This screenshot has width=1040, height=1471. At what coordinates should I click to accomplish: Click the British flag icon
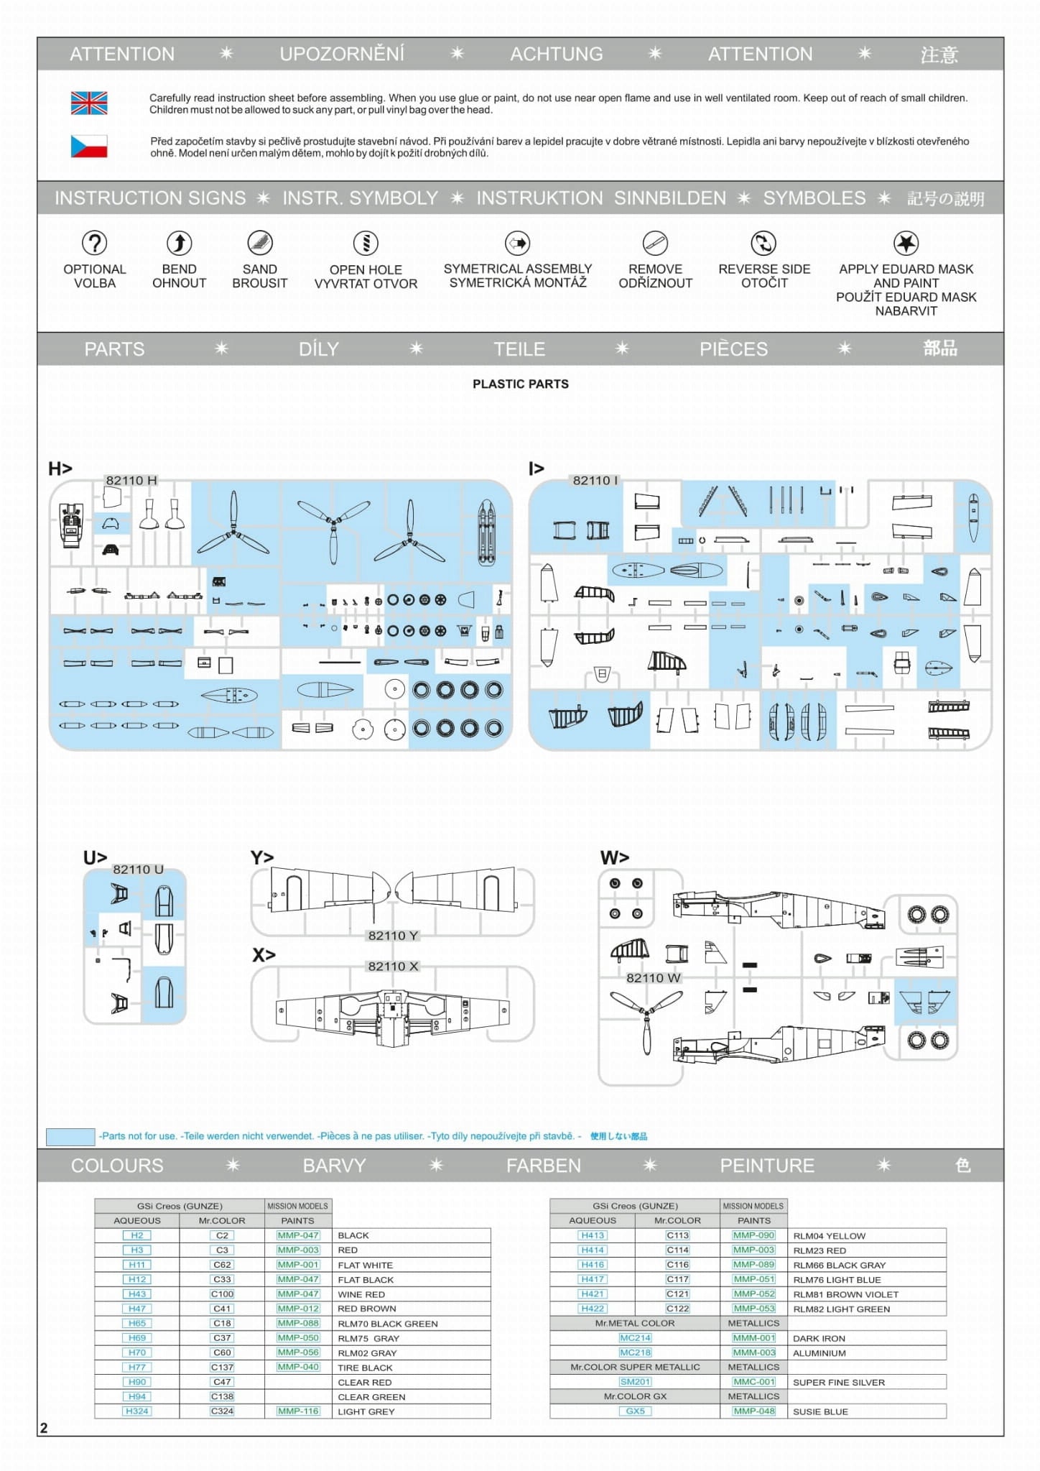(89, 103)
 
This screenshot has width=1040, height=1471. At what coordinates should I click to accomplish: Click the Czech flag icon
(89, 146)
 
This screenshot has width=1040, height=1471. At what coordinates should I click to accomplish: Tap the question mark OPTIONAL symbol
(94, 243)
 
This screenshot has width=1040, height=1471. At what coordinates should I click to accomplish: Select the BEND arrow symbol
(179, 243)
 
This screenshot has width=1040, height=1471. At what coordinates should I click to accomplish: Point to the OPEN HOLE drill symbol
(366, 243)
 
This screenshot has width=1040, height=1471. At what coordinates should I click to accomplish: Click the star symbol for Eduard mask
(906, 243)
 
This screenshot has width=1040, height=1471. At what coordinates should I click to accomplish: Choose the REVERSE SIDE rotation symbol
(763, 243)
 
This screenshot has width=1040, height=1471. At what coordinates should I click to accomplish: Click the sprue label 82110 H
(131, 480)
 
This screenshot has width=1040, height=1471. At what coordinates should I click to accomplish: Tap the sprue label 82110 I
(595, 480)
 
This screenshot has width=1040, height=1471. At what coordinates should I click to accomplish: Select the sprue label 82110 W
(653, 977)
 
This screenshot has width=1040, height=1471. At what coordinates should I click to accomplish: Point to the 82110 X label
(393, 966)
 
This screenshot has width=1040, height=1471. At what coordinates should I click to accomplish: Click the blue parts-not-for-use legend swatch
(70, 1136)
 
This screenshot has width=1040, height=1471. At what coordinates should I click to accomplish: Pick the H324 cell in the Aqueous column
(137, 1411)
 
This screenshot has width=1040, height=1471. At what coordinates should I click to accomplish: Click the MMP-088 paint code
(298, 1323)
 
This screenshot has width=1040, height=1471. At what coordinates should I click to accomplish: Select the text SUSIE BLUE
(820, 1411)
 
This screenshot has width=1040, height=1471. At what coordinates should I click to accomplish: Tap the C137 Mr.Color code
(222, 1367)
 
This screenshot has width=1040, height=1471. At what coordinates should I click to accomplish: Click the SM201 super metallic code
(635, 1382)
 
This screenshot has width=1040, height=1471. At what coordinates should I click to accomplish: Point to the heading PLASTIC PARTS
(520, 384)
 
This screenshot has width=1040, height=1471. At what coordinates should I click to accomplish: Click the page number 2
(44, 1428)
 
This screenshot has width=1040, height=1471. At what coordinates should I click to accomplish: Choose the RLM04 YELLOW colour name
(829, 1235)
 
